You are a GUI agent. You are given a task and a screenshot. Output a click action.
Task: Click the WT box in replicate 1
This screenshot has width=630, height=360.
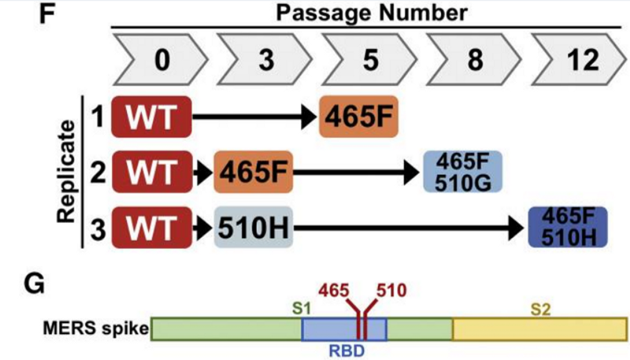click(152, 120)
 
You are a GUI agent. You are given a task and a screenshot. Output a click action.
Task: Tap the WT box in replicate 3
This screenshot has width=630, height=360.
click(152, 226)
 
